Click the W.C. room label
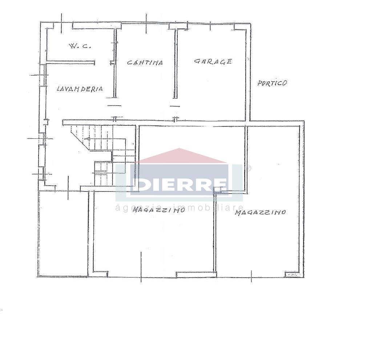(x=79, y=46)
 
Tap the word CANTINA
(x=145, y=62)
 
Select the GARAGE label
(x=213, y=61)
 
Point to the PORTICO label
(x=272, y=83)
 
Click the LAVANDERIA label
(x=80, y=89)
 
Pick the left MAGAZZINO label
(x=158, y=210)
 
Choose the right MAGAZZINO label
(x=260, y=212)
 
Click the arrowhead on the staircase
(x=87, y=139)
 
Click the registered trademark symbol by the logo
(x=249, y=168)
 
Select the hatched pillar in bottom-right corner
(x=292, y=274)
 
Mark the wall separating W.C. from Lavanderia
(x=71, y=62)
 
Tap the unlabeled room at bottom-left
(x=63, y=233)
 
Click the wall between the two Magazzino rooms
(x=215, y=232)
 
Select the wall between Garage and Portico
(x=248, y=72)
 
